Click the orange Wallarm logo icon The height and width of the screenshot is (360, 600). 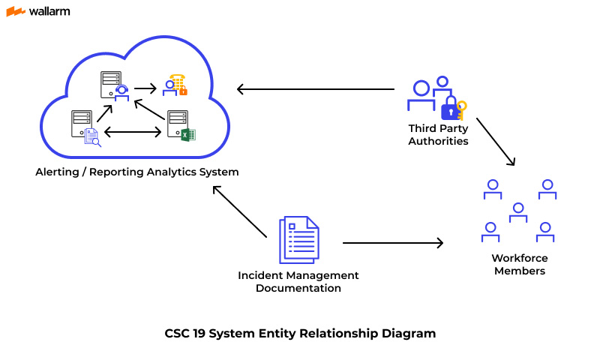pyautogui.click(x=16, y=11)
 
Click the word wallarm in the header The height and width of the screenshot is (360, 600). pyautogui.click(x=49, y=11)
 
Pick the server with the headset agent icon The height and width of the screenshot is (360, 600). pyautogui.click(x=113, y=85)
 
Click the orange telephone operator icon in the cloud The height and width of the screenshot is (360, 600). pyautogui.click(x=177, y=85)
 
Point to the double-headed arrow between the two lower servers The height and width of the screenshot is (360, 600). pyautogui.click(x=133, y=132)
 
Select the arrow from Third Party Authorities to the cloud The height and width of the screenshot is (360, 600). pyautogui.click(x=315, y=90)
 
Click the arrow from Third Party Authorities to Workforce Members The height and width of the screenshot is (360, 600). pyautogui.click(x=496, y=141)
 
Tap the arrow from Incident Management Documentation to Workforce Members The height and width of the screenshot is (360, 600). pyautogui.click(x=393, y=243)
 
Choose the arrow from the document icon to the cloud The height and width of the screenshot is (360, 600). pyautogui.click(x=240, y=211)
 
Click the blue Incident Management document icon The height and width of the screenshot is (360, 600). pyautogui.click(x=298, y=240)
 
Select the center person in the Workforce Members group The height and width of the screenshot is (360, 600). pyautogui.click(x=517, y=213)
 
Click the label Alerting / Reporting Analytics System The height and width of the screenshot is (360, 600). pyautogui.click(x=137, y=172)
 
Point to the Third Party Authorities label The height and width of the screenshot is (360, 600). pyautogui.click(x=438, y=134)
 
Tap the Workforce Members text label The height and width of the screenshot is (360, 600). pyautogui.click(x=519, y=264)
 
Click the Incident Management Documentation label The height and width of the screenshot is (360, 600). pyautogui.click(x=298, y=281)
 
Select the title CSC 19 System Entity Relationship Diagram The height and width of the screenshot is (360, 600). pyautogui.click(x=300, y=333)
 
